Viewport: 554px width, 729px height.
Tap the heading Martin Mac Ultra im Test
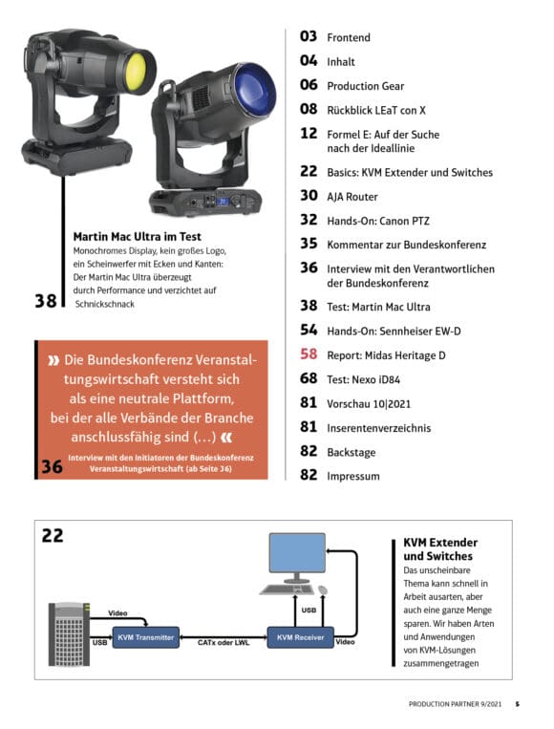138,237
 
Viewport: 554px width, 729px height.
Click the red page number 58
309,354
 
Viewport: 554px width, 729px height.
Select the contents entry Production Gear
365,86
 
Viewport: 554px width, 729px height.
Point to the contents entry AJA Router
352,197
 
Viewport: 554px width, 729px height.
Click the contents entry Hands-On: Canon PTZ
378,221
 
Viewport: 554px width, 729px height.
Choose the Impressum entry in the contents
353,476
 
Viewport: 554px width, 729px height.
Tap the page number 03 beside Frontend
309,36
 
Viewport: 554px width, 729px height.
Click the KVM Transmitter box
145,637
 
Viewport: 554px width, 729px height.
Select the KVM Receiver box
300,637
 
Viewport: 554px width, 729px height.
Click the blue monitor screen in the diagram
297,553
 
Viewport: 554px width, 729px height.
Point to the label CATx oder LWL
224,642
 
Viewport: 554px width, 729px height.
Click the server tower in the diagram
69,633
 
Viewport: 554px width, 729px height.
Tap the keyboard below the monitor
287,590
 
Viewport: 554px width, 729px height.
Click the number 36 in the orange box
52,467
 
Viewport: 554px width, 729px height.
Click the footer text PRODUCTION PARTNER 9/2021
455,704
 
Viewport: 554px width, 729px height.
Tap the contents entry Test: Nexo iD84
364,379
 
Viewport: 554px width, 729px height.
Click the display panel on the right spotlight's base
224,202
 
